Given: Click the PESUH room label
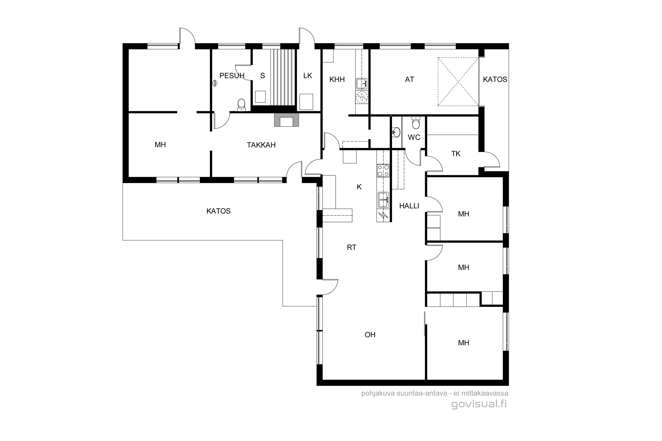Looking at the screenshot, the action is (232, 76).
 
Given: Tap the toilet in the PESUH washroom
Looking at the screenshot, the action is (241, 104).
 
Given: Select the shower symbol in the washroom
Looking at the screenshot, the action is (215, 83).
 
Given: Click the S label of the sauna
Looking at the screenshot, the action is (263, 76).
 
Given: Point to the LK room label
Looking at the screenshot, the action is (308, 76).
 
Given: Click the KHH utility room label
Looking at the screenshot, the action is (337, 80).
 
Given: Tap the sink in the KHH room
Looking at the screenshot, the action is (362, 84).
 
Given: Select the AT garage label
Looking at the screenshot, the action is (410, 80).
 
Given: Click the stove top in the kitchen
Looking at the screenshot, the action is (383, 171).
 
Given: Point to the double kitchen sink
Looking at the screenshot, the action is (383, 200).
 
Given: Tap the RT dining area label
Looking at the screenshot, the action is (352, 247).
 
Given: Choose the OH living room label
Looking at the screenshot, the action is (370, 335).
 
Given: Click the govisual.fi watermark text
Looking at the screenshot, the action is (479, 404).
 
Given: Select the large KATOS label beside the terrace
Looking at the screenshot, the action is (218, 211).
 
